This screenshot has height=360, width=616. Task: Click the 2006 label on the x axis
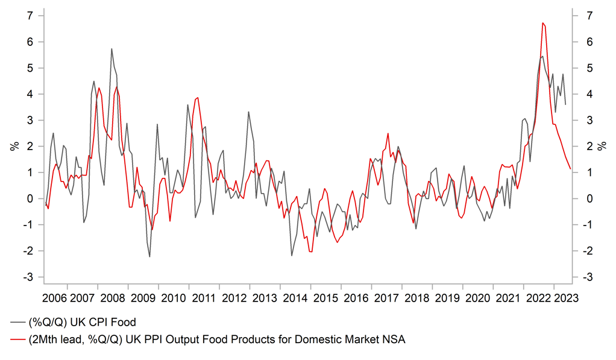54,298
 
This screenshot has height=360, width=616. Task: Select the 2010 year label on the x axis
174,298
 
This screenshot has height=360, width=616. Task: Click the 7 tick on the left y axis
28,16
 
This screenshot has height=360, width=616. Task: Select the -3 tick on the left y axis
27,277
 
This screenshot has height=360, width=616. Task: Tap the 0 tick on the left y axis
28,198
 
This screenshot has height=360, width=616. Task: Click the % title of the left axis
13,147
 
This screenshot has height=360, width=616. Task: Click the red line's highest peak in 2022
543,23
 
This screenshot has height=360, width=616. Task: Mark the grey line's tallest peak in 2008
112,49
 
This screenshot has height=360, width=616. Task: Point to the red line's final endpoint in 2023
571,169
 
